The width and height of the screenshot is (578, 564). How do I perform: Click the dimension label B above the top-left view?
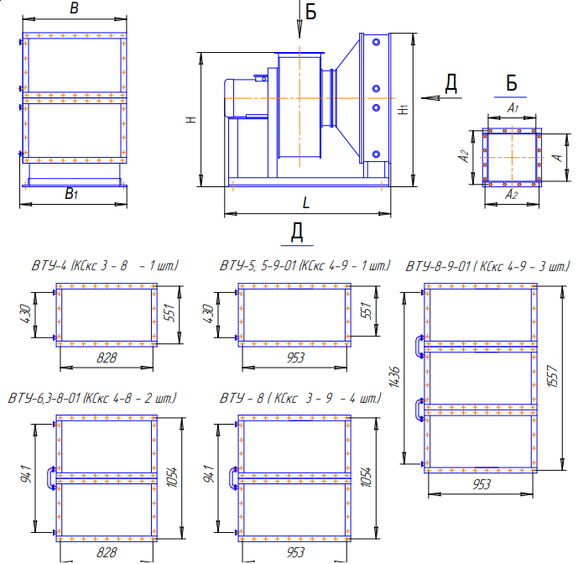click(74, 8)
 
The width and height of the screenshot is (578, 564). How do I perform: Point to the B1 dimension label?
click(71, 194)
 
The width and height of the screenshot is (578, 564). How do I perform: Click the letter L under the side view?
click(306, 202)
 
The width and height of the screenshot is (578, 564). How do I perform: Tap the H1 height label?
click(404, 110)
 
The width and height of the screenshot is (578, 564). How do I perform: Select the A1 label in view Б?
click(513, 107)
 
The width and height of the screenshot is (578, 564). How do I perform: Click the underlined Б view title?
click(511, 83)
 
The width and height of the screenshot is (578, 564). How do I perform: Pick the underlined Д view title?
click(297, 232)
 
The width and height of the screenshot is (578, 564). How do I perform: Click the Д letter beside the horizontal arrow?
click(451, 83)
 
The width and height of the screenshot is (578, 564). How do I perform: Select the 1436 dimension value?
click(394, 377)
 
